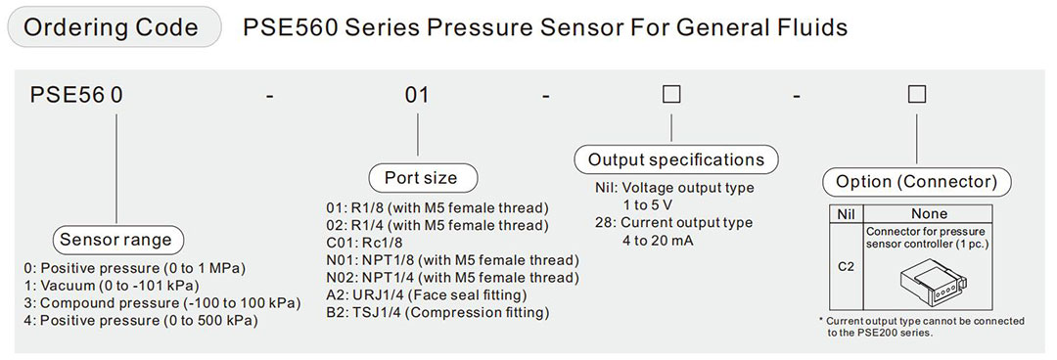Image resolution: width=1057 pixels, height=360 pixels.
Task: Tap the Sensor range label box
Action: pyautogui.click(x=115, y=240)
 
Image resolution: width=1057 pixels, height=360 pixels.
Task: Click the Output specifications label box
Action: pyautogui.click(x=675, y=159)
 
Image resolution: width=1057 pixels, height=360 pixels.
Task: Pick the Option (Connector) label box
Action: pyautogui.click(x=916, y=182)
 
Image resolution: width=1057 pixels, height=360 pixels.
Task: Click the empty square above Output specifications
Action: pyautogui.click(x=671, y=96)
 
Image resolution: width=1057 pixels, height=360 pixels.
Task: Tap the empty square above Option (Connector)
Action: pyautogui.click(x=916, y=96)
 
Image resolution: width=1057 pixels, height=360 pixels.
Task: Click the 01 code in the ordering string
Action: pyautogui.click(x=418, y=96)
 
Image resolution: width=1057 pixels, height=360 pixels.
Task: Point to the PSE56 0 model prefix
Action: pyautogui.click(x=76, y=96)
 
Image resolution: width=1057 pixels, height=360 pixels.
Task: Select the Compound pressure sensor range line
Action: pyautogui.click(x=161, y=303)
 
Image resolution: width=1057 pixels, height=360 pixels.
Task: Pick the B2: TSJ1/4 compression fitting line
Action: pyautogui.click(x=437, y=313)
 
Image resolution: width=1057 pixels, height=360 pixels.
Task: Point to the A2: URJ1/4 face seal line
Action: pyautogui.click(x=428, y=295)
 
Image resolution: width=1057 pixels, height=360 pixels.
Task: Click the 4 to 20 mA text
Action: pyautogui.click(x=658, y=241)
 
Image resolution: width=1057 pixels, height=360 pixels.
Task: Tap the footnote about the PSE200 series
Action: pyautogui.click(x=921, y=327)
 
